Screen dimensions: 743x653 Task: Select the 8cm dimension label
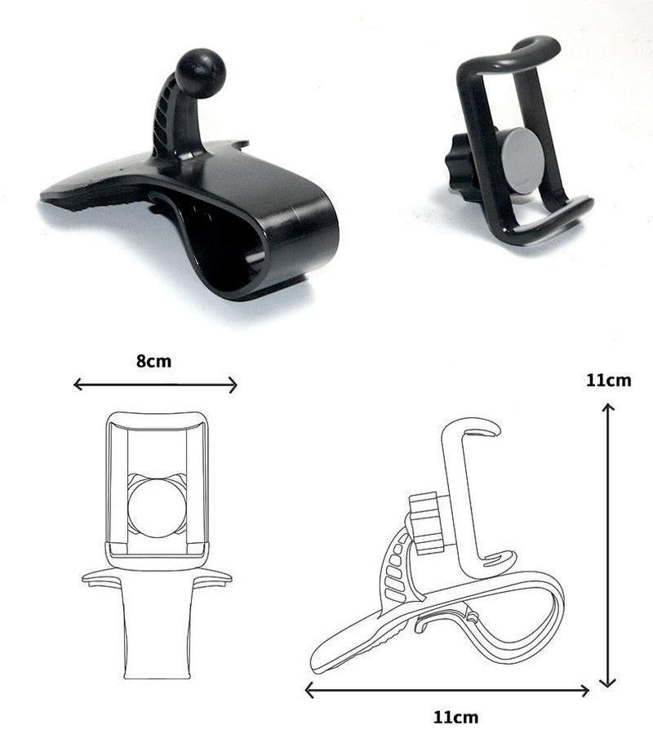[x=154, y=361]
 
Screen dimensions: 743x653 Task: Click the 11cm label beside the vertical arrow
[x=608, y=380]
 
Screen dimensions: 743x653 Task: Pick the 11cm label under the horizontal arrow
[x=455, y=718]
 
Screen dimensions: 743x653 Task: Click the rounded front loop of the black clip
[x=306, y=237]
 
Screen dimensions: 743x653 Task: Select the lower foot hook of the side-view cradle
[x=498, y=563]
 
